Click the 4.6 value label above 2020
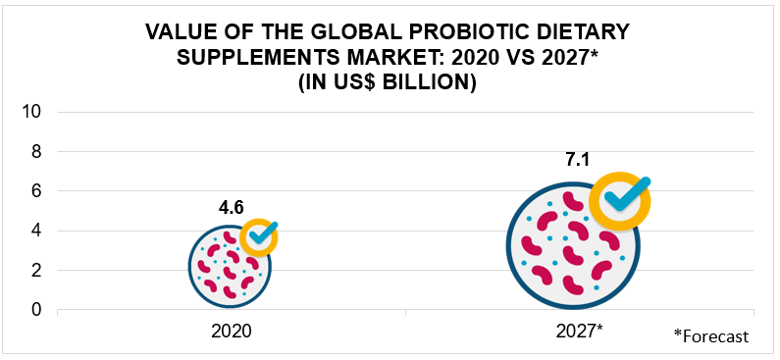[231, 208]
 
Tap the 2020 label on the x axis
[232, 332]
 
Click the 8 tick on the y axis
[36, 152]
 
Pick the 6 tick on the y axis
[36, 191]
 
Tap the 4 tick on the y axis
[36, 231]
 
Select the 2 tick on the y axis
[36, 271]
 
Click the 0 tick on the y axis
[36, 310]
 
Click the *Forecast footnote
[711, 336]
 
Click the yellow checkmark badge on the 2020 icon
[260, 236]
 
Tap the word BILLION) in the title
[432, 83]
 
